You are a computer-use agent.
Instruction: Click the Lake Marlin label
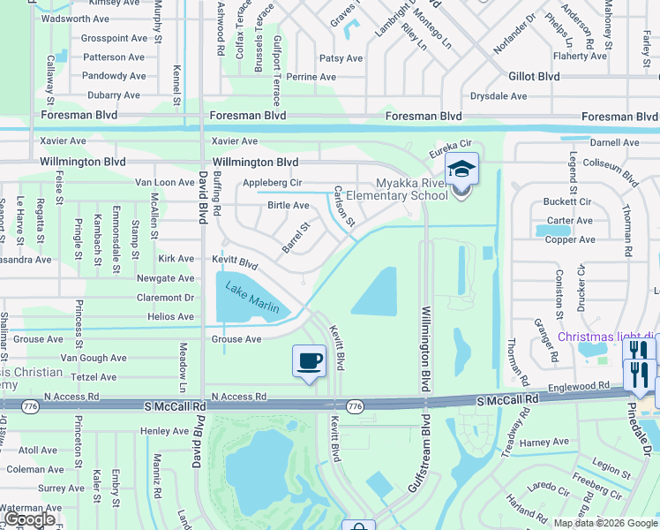click(252, 297)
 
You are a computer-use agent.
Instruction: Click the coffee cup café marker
click(309, 360)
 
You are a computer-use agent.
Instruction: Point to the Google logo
click(29, 519)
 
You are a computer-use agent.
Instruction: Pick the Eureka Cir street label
click(452, 153)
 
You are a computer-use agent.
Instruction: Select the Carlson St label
click(344, 206)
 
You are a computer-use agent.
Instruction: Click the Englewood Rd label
click(579, 386)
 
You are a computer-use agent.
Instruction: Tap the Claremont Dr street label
click(165, 297)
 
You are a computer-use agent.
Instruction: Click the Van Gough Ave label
click(94, 358)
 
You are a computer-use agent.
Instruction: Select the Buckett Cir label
click(567, 202)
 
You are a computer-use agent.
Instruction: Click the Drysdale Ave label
click(499, 95)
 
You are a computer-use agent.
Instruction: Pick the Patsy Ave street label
click(341, 58)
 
